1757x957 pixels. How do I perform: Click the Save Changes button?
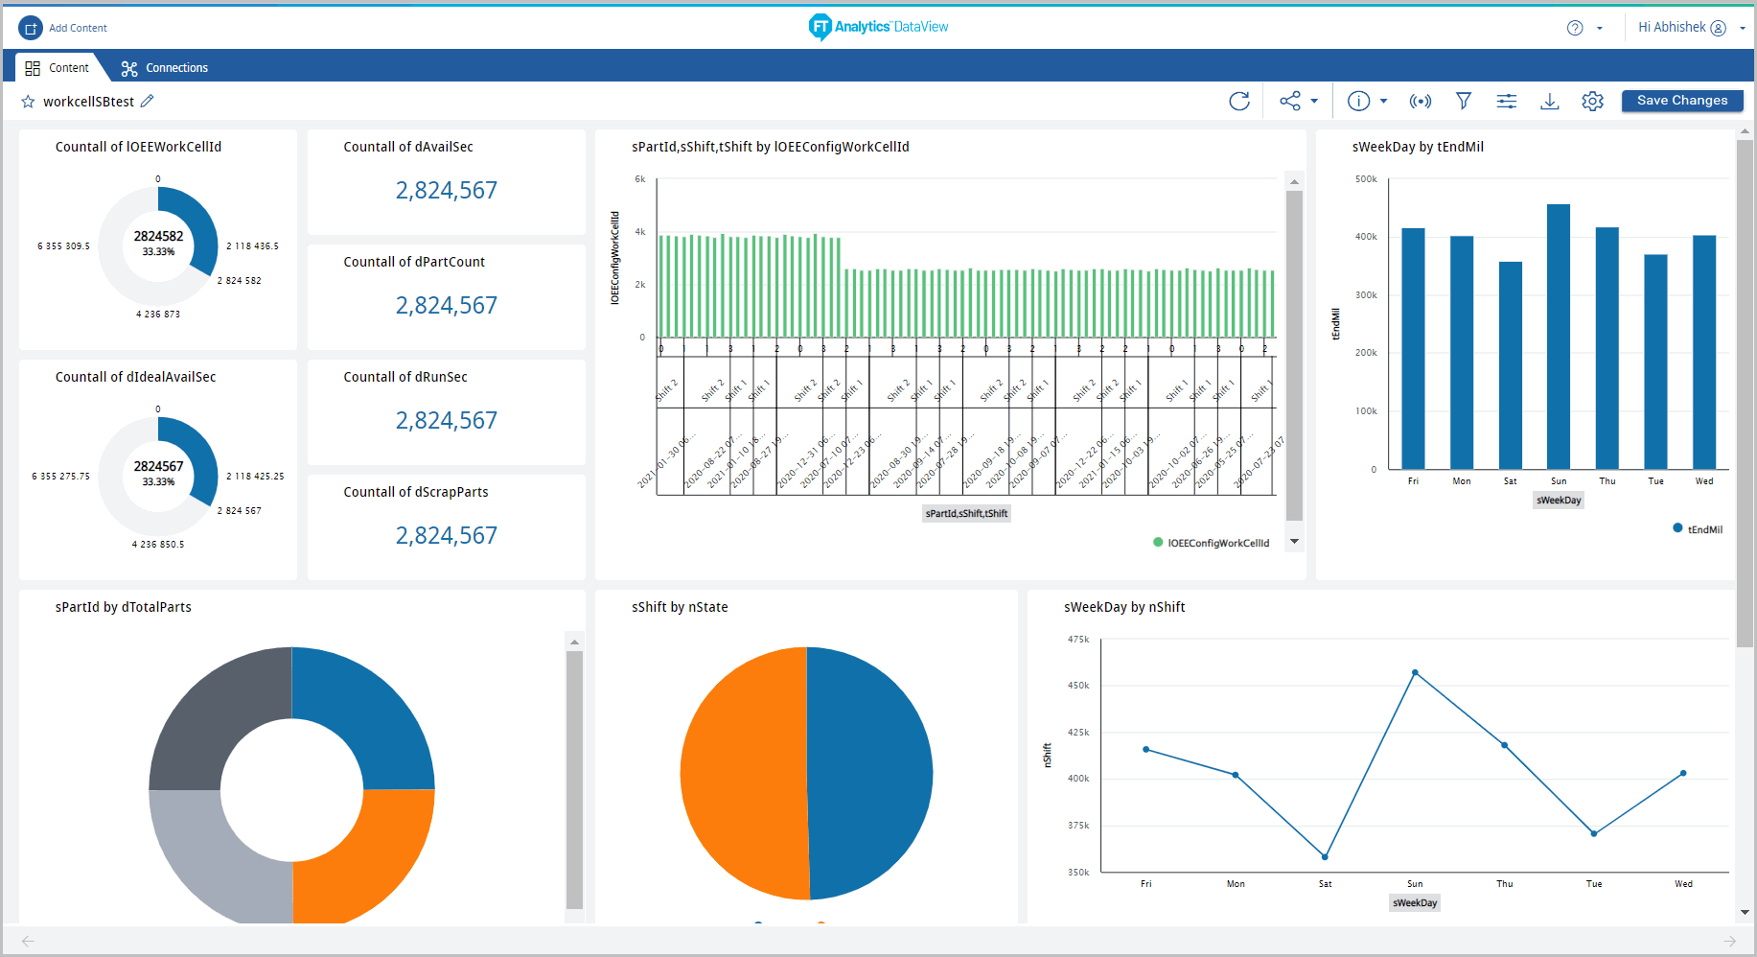point(1681,101)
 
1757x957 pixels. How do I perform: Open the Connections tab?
point(164,68)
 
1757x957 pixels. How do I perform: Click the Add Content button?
point(63,28)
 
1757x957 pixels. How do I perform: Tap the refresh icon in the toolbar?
point(1239,101)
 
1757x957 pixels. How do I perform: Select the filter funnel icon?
point(1463,101)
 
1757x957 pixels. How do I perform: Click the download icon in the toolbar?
point(1549,101)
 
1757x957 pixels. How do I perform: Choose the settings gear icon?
point(1592,101)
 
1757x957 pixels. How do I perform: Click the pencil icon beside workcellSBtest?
point(147,101)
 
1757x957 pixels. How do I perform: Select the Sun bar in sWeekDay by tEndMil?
point(1558,336)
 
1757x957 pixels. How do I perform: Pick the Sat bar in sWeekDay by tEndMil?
point(1510,364)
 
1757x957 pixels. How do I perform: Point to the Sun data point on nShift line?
point(1415,673)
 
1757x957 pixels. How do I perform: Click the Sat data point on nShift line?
point(1325,856)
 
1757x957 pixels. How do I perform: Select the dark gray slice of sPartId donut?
point(211,719)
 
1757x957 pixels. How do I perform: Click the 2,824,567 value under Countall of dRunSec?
point(446,420)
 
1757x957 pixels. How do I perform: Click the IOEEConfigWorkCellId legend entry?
point(1217,543)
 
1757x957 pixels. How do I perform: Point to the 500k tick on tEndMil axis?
point(1366,179)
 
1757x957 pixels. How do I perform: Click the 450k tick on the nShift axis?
point(1078,686)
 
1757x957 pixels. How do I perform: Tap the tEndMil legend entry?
point(1703,529)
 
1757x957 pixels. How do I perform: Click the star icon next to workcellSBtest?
point(28,102)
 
